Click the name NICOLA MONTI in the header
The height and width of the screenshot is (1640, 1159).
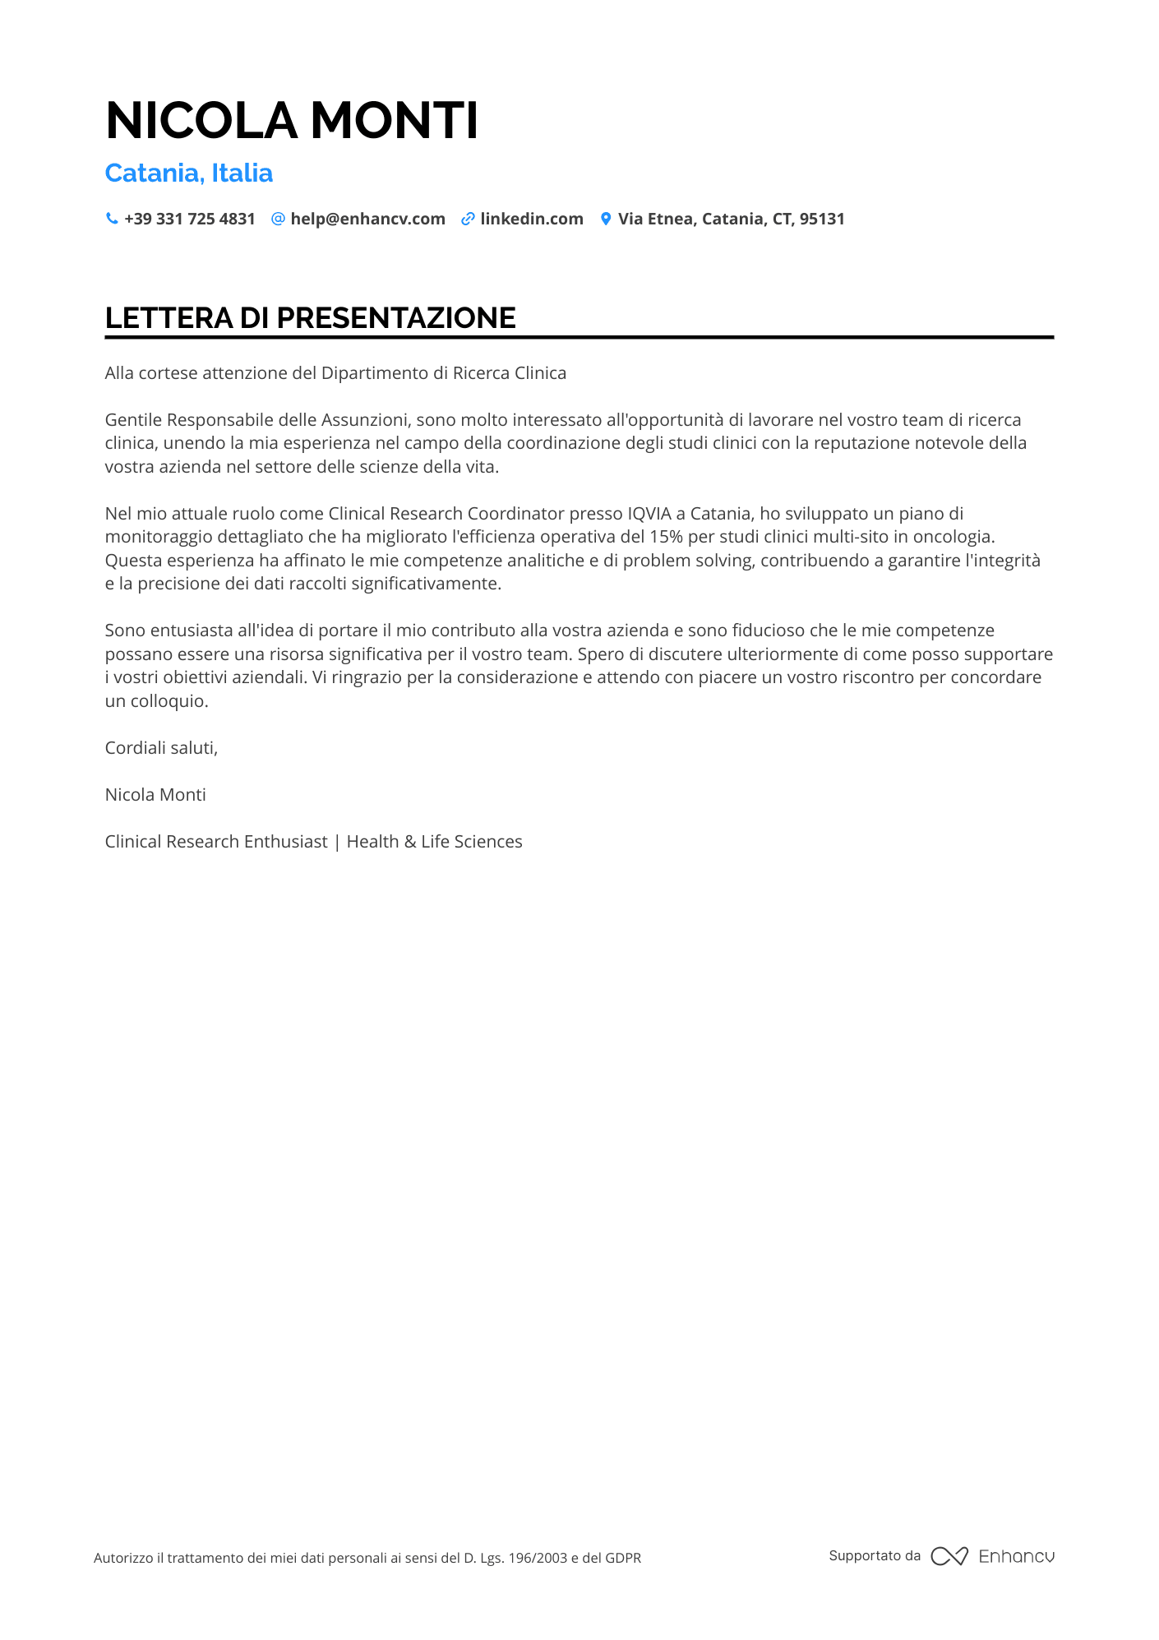pyautogui.click(x=292, y=121)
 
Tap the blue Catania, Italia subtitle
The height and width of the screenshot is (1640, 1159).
pyautogui.click(x=189, y=173)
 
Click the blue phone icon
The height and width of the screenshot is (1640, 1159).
pyautogui.click(x=112, y=219)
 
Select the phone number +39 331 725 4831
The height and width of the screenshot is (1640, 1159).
pyautogui.click(x=190, y=219)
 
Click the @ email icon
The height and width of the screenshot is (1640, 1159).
pyautogui.click(x=278, y=219)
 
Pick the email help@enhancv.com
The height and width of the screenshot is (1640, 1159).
pyautogui.click(x=367, y=219)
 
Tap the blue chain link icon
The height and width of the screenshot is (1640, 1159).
pyautogui.click(x=468, y=219)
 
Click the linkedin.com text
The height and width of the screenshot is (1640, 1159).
pyautogui.click(x=532, y=219)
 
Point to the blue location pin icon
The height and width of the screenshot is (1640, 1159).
pyautogui.click(x=606, y=219)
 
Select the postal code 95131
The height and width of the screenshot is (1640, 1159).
pyautogui.click(x=822, y=219)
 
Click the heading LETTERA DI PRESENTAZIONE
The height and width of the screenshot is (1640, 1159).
pyautogui.click(x=311, y=318)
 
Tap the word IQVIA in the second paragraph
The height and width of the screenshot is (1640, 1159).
pyautogui.click(x=649, y=514)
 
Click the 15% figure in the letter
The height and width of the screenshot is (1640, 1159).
pyautogui.click(x=666, y=537)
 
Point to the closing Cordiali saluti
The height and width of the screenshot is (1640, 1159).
pyautogui.click(x=161, y=748)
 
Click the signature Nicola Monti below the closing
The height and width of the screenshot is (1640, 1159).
pyautogui.click(x=155, y=795)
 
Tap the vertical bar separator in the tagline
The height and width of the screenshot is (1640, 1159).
pyautogui.click(x=337, y=842)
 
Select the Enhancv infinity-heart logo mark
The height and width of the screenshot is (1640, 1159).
pyautogui.click(x=949, y=1556)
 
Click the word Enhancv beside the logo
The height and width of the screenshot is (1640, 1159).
pyautogui.click(x=1016, y=1556)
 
